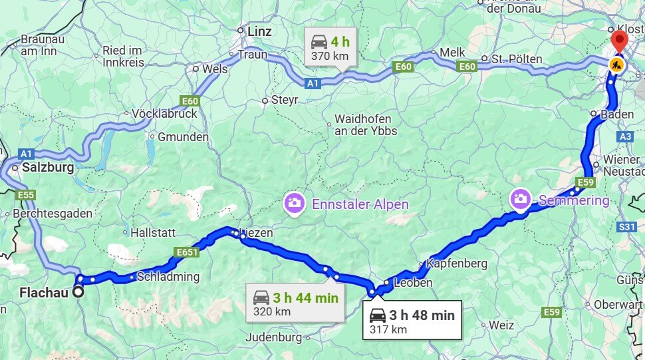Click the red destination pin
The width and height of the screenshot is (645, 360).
[619, 40]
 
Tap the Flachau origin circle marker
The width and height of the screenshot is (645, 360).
[78, 291]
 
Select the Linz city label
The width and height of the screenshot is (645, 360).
[259, 31]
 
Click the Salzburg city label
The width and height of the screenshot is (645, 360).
[47, 168]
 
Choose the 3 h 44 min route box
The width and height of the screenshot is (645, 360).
[295, 303]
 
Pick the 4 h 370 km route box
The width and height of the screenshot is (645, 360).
[330, 47]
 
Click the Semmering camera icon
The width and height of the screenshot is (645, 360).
[520, 198]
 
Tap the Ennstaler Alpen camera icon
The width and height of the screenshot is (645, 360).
[293, 203]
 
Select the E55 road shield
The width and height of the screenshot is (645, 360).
[27, 195]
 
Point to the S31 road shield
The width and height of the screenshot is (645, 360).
[627, 227]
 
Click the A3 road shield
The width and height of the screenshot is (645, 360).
[626, 136]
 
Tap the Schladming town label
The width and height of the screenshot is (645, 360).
[168, 276]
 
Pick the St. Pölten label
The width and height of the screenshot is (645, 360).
[516, 59]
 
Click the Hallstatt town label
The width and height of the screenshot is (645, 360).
[153, 233]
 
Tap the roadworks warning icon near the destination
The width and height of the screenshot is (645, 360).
[616, 65]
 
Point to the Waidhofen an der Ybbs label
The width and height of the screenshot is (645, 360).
[365, 125]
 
